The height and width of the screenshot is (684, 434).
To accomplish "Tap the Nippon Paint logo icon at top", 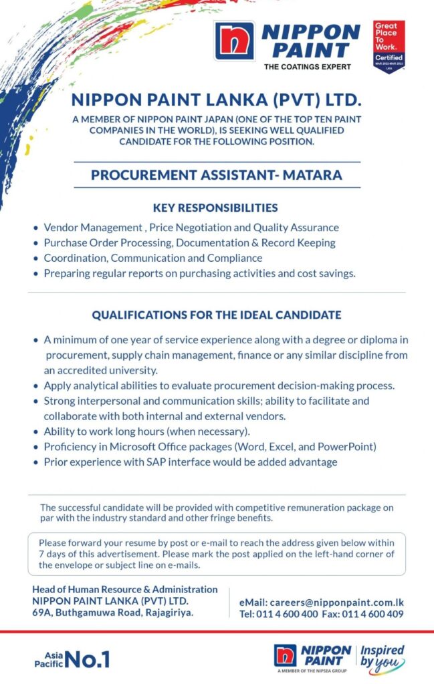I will (234, 41).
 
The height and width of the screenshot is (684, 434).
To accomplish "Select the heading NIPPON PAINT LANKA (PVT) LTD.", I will (216, 101).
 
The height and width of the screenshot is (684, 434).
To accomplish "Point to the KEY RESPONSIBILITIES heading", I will (215, 208).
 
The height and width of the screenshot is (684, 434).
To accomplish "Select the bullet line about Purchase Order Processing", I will (189, 243).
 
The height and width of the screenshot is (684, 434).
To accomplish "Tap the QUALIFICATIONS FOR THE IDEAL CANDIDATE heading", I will (216, 315).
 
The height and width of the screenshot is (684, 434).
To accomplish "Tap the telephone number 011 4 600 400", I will (287, 615).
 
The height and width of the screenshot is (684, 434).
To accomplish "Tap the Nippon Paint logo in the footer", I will (312, 657).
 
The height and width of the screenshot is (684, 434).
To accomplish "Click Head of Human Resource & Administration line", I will (125, 589).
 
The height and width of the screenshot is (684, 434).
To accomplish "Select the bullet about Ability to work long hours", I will (147, 431).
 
